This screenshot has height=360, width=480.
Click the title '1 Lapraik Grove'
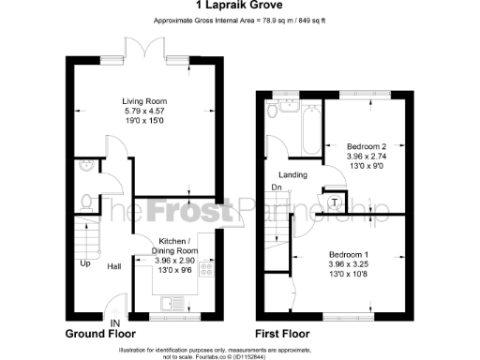pos(239,8)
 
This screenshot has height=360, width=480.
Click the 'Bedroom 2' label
pos(367,147)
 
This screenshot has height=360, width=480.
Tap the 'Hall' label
pos(114,265)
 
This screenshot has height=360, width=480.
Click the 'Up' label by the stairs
pos(84,263)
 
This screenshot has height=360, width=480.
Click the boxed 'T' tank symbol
pos(335,202)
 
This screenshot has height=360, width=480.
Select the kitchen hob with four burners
pos(207,271)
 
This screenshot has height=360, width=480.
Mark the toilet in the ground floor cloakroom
pos(87,201)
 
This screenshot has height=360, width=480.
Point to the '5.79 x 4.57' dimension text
pos(144,110)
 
